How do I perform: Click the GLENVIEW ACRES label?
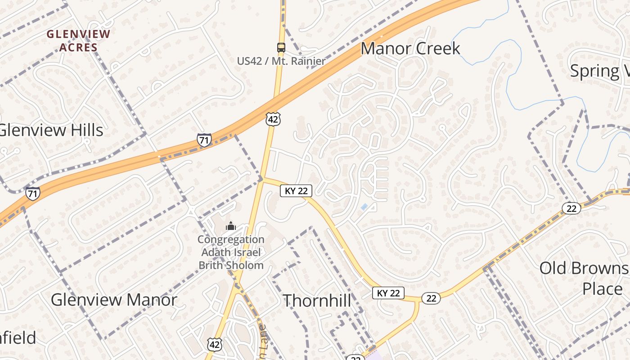coord(78,40)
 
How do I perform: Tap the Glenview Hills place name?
coord(51,130)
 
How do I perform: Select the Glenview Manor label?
coord(114,300)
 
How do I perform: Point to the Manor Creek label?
coord(410,49)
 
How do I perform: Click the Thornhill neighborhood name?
coord(317,301)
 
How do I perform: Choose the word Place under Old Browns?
coord(603,288)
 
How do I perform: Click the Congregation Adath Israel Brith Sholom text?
coord(231,252)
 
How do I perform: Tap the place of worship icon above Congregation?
coord(231,226)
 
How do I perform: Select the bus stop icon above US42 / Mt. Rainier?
coord(281,47)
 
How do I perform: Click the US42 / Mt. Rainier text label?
coord(281,61)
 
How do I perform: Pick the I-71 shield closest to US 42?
coord(204,140)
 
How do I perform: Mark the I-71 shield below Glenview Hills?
coord(32,193)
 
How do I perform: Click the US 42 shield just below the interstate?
coord(273,119)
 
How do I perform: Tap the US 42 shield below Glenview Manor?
coord(215,344)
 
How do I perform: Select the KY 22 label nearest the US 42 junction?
coord(296,191)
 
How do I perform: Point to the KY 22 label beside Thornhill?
coord(388,293)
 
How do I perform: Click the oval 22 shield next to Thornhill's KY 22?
coord(431,298)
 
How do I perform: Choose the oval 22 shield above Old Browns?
coord(571,208)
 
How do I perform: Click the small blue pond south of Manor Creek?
coord(364,207)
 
